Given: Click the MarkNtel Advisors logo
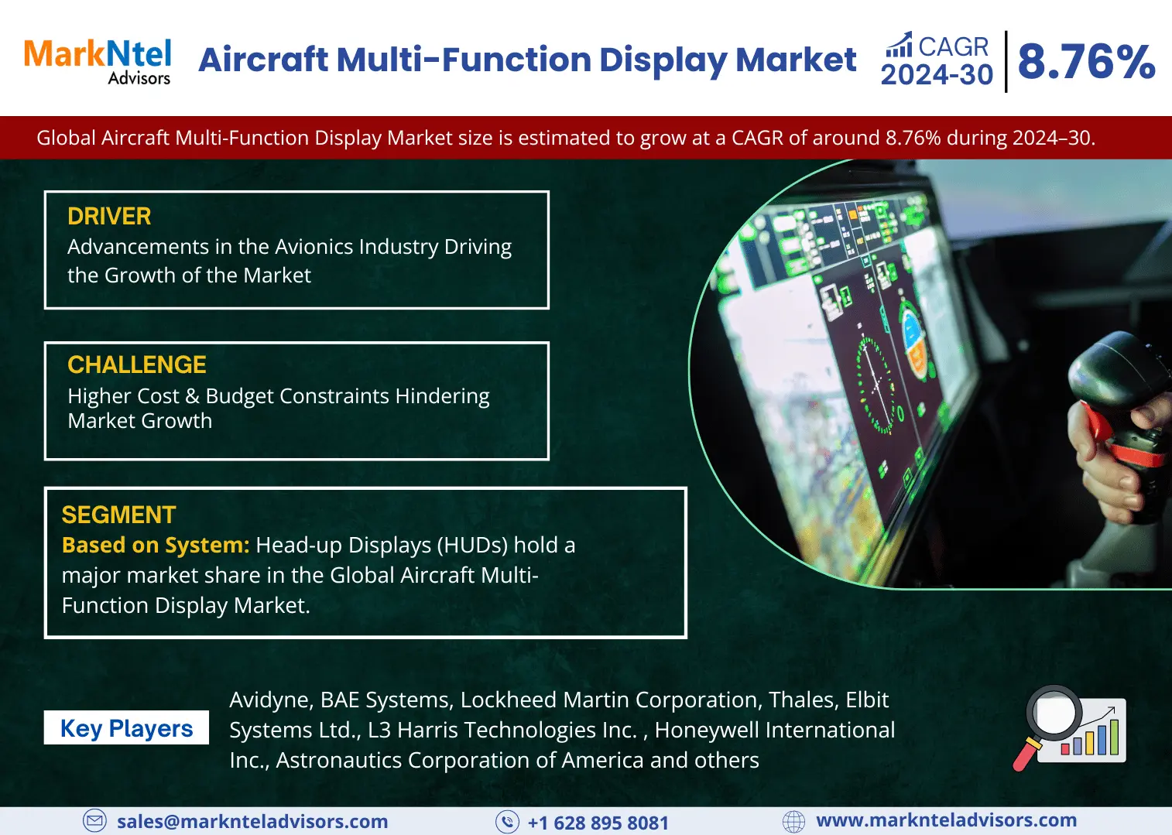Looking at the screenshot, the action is [x=98, y=61].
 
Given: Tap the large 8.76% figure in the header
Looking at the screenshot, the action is [x=1086, y=62].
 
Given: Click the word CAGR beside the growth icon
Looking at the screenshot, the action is [x=953, y=46].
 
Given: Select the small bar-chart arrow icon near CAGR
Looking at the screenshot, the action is [x=899, y=44].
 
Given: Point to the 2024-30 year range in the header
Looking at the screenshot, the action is [x=937, y=74].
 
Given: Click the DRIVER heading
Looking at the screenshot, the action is [x=109, y=216].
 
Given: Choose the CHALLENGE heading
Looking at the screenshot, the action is [x=136, y=364].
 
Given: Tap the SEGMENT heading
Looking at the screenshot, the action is [x=118, y=515].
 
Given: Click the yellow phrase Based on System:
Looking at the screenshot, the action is [x=156, y=545].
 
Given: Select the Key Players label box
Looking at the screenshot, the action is [x=126, y=727].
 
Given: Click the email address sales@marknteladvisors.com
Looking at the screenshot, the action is [x=252, y=821].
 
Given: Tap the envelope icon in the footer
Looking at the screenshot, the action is [x=94, y=821].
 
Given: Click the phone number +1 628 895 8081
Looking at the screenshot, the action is [x=598, y=823].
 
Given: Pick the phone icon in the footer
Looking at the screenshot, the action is [x=507, y=821].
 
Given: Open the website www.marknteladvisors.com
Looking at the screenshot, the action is [x=946, y=820].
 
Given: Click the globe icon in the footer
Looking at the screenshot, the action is [x=793, y=821].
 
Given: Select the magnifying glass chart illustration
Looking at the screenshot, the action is [x=1069, y=727].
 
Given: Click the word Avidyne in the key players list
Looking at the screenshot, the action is [x=270, y=700].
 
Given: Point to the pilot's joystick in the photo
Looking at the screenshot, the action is [x=1119, y=419].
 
